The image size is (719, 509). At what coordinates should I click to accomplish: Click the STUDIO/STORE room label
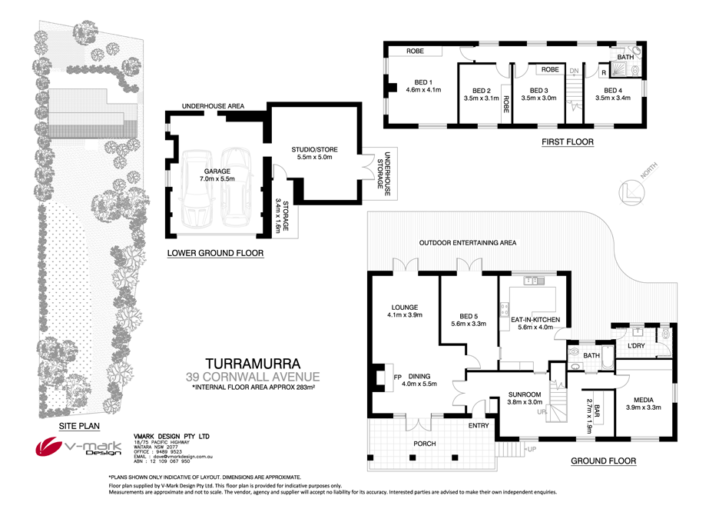pos(314,149)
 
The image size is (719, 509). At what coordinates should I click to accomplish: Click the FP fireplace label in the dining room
pos(398,378)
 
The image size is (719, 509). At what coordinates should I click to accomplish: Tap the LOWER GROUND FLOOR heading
pos(216,253)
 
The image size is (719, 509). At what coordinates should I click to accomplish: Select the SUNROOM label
pos(525,395)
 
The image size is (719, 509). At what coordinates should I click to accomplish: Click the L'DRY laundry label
pos(635,346)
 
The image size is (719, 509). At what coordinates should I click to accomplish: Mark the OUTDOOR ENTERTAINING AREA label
pos(467,243)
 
